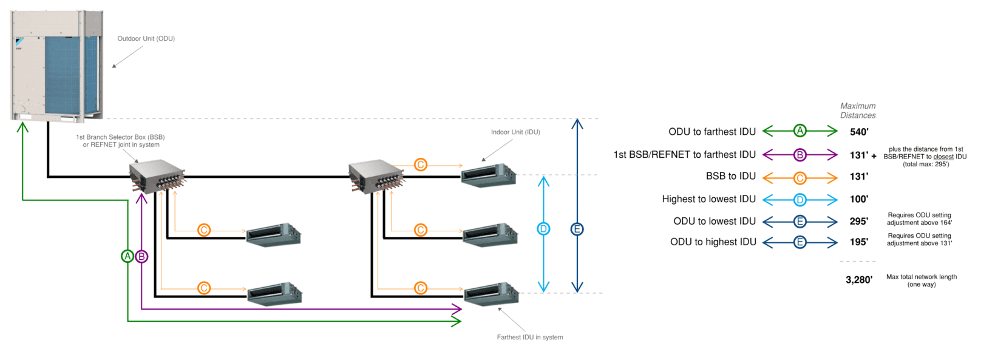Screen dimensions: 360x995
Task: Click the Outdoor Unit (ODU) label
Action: [x=146, y=39]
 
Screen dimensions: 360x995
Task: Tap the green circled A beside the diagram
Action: [x=127, y=256]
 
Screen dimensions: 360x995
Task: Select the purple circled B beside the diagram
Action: [x=141, y=256]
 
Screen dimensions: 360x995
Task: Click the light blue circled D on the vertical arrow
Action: [x=543, y=229]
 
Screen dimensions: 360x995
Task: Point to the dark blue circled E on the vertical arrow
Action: [x=577, y=229]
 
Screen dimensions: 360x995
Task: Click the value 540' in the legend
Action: [x=859, y=132]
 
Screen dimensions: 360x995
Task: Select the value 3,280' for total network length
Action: [x=859, y=280]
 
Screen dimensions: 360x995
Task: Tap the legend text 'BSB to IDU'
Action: [x=731, y=176]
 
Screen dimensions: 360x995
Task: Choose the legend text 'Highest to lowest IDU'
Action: [x=709, y=199]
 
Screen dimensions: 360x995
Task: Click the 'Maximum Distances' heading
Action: [x=858, y=110]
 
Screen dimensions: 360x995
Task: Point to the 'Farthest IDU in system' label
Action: [x=529, y=338]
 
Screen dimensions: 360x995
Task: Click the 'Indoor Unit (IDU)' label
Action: [x=515, y=132]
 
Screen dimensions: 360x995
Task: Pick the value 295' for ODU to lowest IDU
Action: [x=859, y=222]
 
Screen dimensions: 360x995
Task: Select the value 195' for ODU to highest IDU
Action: [x=859, y=242]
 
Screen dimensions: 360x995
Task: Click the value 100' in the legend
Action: [x=859, y=199]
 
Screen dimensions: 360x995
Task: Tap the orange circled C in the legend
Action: [x=800, y=178]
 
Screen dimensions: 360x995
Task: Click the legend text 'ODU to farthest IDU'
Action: [x=712, y=132]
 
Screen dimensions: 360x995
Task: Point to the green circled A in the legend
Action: [x=800, y=131]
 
